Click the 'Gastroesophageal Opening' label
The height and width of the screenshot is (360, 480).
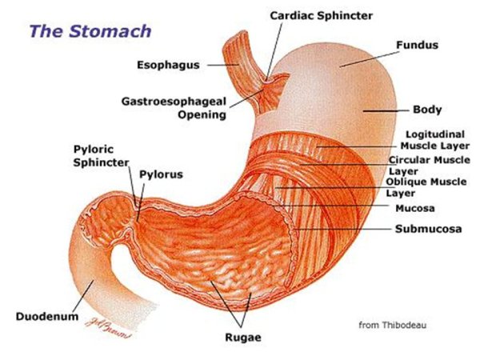pos(173,108)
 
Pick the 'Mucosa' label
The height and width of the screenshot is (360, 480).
pos(415,208)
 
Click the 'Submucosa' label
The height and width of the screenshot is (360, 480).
pos(428,229)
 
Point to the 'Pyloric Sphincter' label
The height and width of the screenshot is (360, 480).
pos(101,156)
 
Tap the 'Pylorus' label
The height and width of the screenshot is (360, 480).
pos(161,174)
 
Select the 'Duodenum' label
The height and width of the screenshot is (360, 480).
pos(47,317)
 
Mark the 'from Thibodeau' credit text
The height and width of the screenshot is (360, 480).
pos(391,325)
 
